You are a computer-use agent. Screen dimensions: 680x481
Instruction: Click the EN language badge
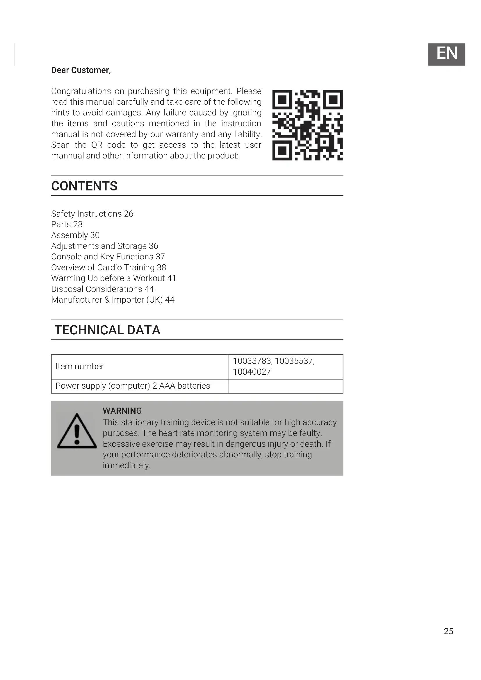446,54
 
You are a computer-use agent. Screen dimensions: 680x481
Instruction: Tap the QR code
307,125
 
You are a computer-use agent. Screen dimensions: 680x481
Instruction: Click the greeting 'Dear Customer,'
81,70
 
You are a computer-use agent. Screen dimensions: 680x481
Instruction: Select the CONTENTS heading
84,186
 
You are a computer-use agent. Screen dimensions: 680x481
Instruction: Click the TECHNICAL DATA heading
107,330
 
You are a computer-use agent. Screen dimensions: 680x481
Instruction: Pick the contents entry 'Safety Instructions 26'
92,214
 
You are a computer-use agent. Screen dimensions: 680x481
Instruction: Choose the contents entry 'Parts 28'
67,224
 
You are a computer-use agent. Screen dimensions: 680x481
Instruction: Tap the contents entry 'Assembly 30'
75,235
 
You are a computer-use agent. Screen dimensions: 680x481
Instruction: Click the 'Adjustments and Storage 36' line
105,246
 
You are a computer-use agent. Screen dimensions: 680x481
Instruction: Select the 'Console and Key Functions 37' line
108,256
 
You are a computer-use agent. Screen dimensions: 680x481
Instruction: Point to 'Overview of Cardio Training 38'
108,267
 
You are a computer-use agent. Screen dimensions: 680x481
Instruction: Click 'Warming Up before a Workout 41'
113,278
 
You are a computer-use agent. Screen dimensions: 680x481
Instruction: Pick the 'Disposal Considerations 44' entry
102,289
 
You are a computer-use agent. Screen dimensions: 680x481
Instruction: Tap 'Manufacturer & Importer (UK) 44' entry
113,300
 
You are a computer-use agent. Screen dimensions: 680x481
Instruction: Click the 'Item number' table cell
80,366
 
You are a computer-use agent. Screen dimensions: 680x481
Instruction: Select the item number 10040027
252,372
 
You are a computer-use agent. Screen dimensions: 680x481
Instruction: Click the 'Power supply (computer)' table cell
133,385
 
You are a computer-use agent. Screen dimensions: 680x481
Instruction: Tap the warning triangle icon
77,431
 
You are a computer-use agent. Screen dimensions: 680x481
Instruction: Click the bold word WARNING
122,411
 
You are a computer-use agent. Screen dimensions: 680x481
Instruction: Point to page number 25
448,631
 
